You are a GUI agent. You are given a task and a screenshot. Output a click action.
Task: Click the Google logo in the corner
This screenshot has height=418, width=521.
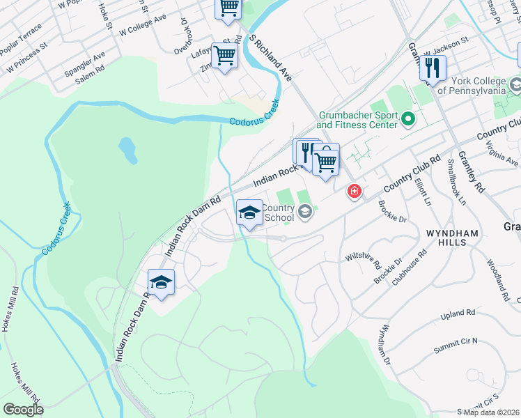coord(23,410)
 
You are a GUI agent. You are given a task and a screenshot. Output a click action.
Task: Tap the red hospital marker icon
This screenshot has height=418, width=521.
coord(355,191)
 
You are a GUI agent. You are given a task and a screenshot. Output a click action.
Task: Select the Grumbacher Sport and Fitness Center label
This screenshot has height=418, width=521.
coord(357,120)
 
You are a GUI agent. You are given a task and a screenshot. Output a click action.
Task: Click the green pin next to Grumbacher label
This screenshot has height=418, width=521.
coord(409,121)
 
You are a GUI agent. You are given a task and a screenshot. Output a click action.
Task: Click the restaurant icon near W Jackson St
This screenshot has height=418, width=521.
coord(433,68)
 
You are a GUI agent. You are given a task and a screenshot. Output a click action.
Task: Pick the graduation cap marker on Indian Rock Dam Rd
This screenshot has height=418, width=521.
coord(161,282)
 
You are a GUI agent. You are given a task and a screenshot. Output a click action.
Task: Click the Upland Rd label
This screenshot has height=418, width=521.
coord(458,315)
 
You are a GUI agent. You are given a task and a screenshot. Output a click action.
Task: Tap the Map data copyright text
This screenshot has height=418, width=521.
coord(488,412)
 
